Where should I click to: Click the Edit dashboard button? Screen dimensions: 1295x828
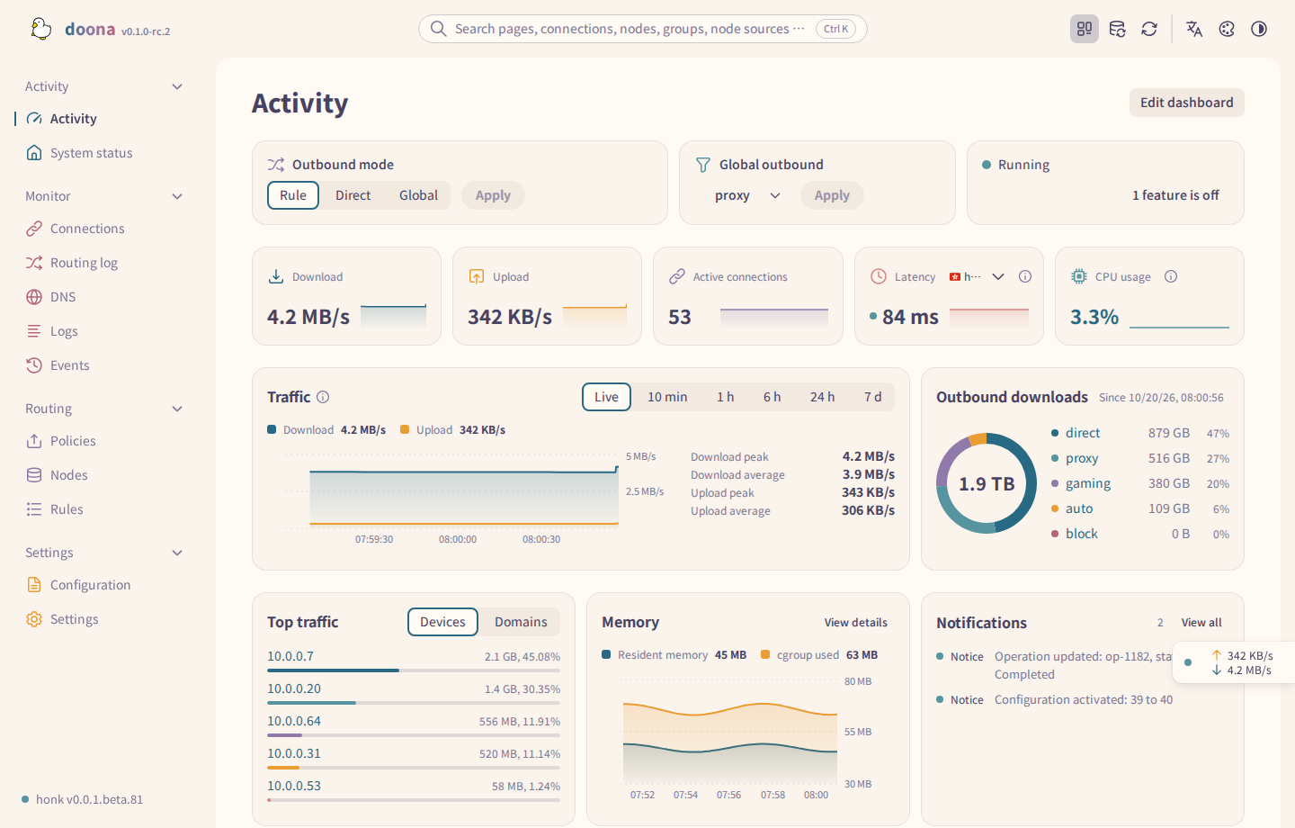click(1186, 103)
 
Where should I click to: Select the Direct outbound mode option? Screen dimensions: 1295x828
click(353, 195)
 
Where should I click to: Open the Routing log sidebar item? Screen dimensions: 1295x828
click(84, 263)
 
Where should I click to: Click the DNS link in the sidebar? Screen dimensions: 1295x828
click(62, 297)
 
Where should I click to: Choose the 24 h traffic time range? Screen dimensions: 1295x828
click(822, 397)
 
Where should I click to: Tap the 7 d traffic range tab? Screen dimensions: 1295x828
click(872, 397)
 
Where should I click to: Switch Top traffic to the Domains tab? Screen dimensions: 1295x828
click(521, 622)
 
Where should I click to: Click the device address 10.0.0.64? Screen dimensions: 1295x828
click(294, 721)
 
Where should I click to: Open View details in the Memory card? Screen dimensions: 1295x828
click(855, 623)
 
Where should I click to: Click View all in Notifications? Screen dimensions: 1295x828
click(1201, 623)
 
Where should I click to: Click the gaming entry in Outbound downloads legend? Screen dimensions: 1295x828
click(1087, 483)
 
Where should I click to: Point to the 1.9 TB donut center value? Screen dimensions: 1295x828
click(987, 483)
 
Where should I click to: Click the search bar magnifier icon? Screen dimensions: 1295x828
click(438, 29)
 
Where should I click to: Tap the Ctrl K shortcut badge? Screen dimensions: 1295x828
click(835, 29)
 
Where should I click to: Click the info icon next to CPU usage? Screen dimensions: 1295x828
click(1171, 276)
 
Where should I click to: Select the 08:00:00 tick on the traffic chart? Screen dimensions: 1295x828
click(457, 539)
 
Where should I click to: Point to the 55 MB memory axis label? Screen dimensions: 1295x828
click(857, 732)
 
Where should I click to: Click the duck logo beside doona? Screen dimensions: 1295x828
click(41, 29)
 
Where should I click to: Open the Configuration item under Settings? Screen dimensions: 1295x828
click(90, 585)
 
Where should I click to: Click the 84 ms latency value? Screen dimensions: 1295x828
click(910, 317)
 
